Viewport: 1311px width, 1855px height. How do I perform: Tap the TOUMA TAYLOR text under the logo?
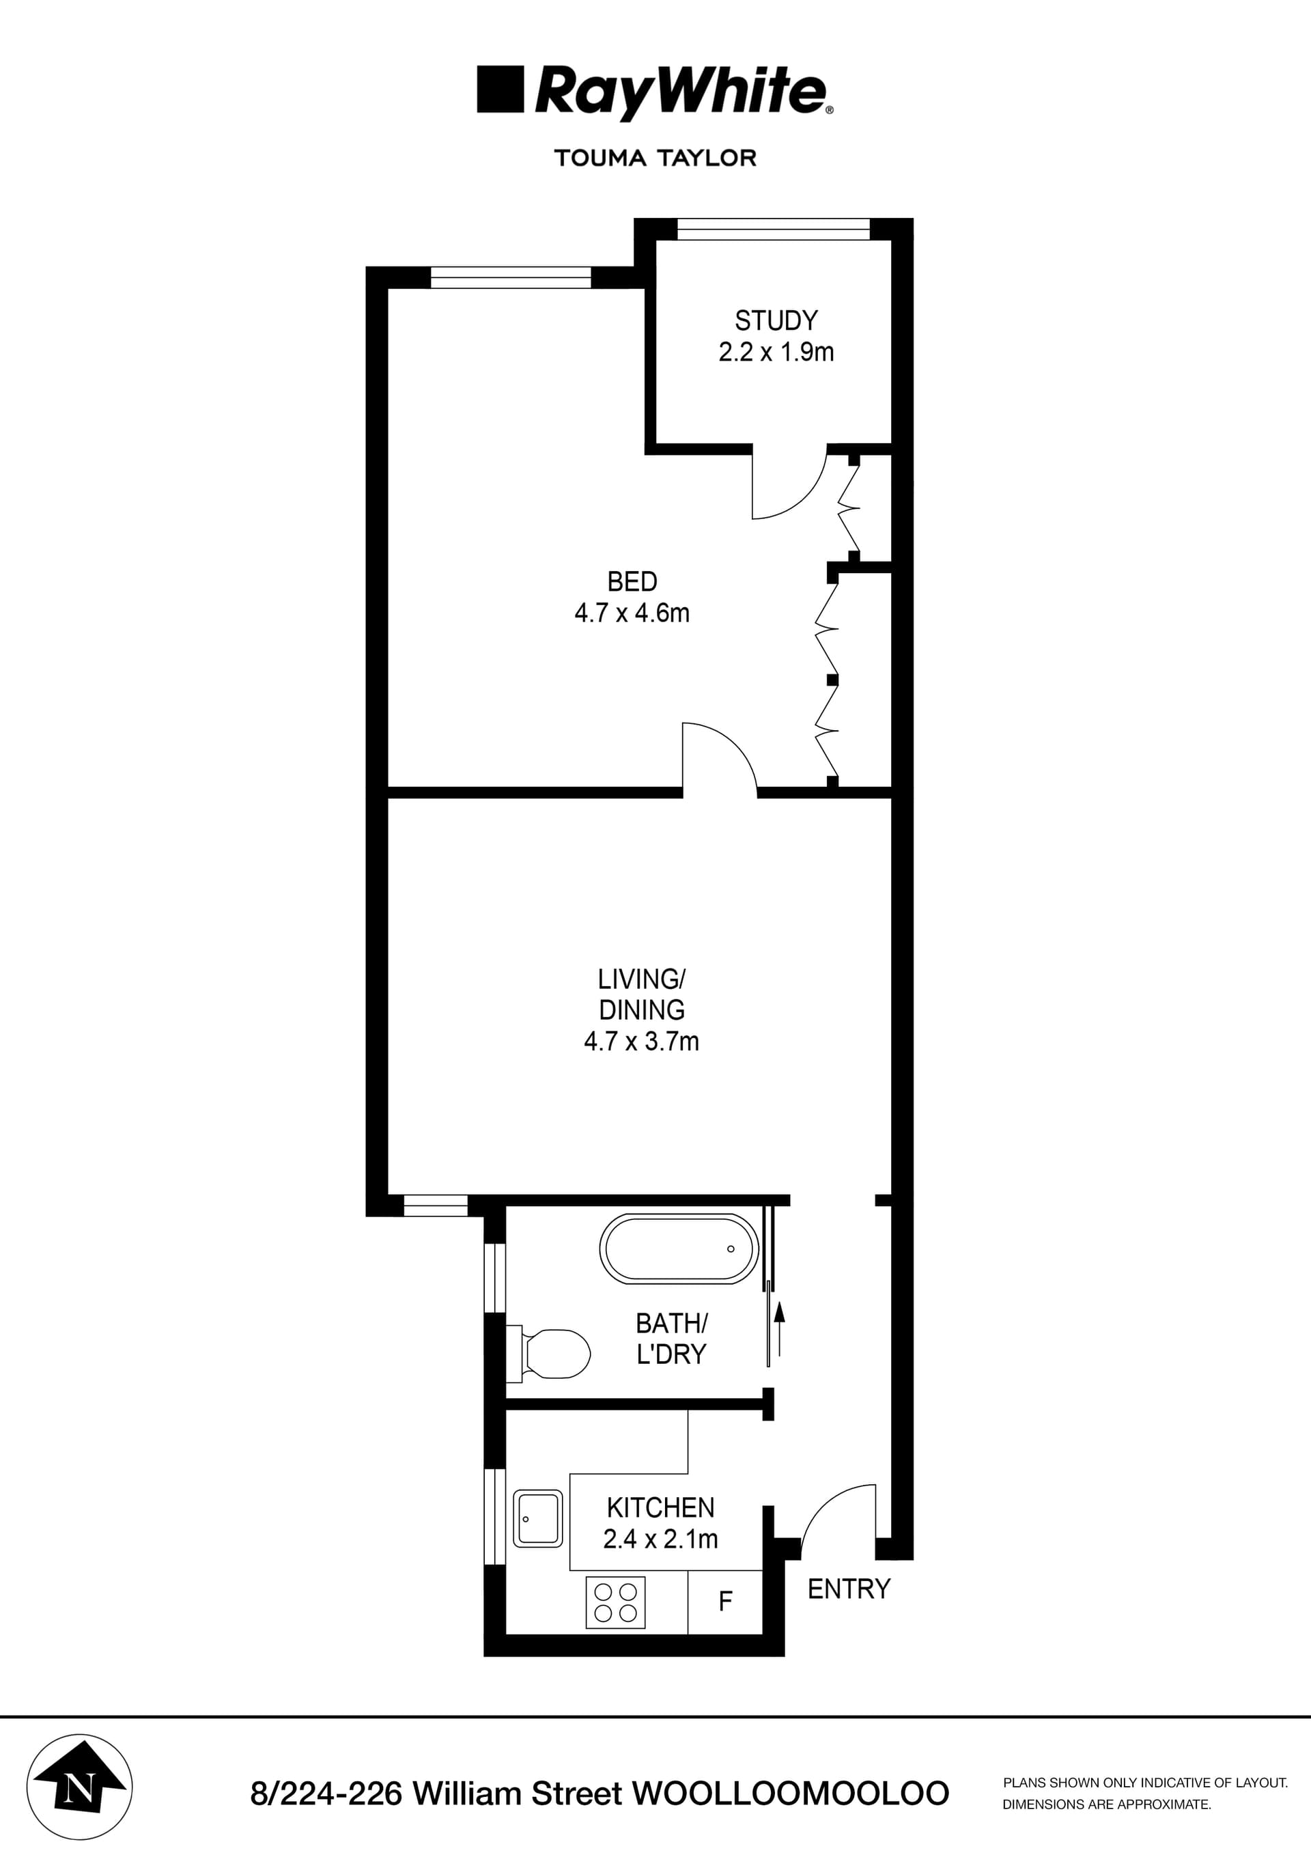655,158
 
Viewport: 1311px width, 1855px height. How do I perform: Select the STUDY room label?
776,321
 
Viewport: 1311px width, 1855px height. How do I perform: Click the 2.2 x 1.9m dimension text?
776,352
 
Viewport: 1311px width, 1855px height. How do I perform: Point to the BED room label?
632,582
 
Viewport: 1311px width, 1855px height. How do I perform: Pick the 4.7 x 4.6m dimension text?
632,613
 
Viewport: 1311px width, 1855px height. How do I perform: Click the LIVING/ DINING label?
641,994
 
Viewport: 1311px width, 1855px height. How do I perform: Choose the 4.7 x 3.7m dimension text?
641,1042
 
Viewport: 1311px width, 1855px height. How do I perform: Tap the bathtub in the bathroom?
679,1249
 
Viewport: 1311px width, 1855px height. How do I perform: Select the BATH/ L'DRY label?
671,1339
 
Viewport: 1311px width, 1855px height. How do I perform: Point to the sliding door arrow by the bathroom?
780,1328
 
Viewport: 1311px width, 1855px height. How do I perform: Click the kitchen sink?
538,1519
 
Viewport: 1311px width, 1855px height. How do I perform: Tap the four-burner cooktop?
615,1603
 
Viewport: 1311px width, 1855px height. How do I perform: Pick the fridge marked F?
725,1600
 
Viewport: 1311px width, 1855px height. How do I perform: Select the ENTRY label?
849,1589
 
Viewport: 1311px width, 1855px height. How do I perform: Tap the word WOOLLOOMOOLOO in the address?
791,1794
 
